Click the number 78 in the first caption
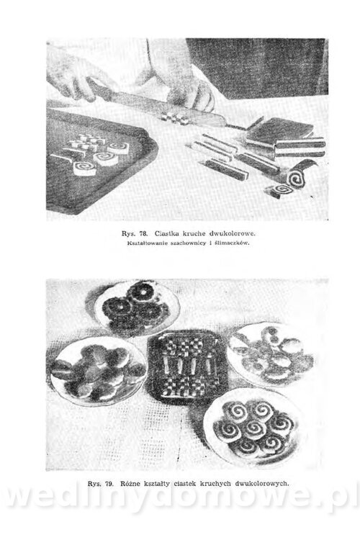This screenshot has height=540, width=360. tap(144, 234)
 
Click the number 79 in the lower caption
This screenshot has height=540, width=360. tap(109, 484)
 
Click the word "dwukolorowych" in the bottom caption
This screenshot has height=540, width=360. tap(261, 484)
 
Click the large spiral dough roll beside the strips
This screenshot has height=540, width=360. tap(296, 177)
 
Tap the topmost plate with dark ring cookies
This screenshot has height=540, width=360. tap(138, 308)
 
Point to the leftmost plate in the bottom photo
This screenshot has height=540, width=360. tap(99, 372)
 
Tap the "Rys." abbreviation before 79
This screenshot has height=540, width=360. tap(94, 484)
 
